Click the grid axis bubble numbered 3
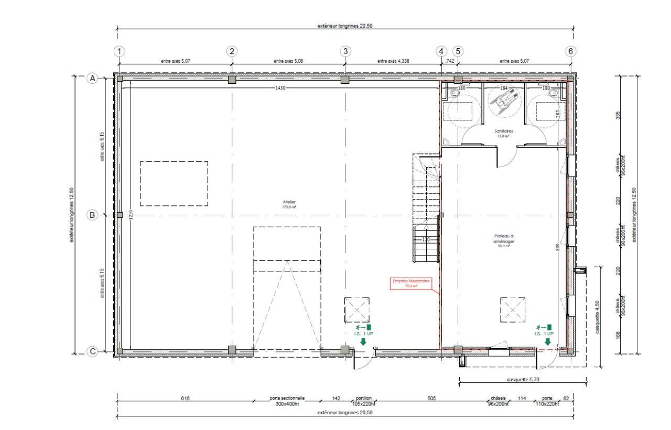(x=345, y=51)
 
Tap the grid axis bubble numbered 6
(x=571, y=51)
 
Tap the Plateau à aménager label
(x=500, y=239)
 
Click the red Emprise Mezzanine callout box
(x=412, y=283)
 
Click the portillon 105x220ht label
(x=364, y=401)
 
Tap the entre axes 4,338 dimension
(x=393, y=61)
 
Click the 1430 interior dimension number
(x=280, y=88)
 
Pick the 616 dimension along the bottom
(x=185, y=399)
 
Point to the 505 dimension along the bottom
(x=431, y=399)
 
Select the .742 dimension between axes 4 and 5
(x=449, y=61)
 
